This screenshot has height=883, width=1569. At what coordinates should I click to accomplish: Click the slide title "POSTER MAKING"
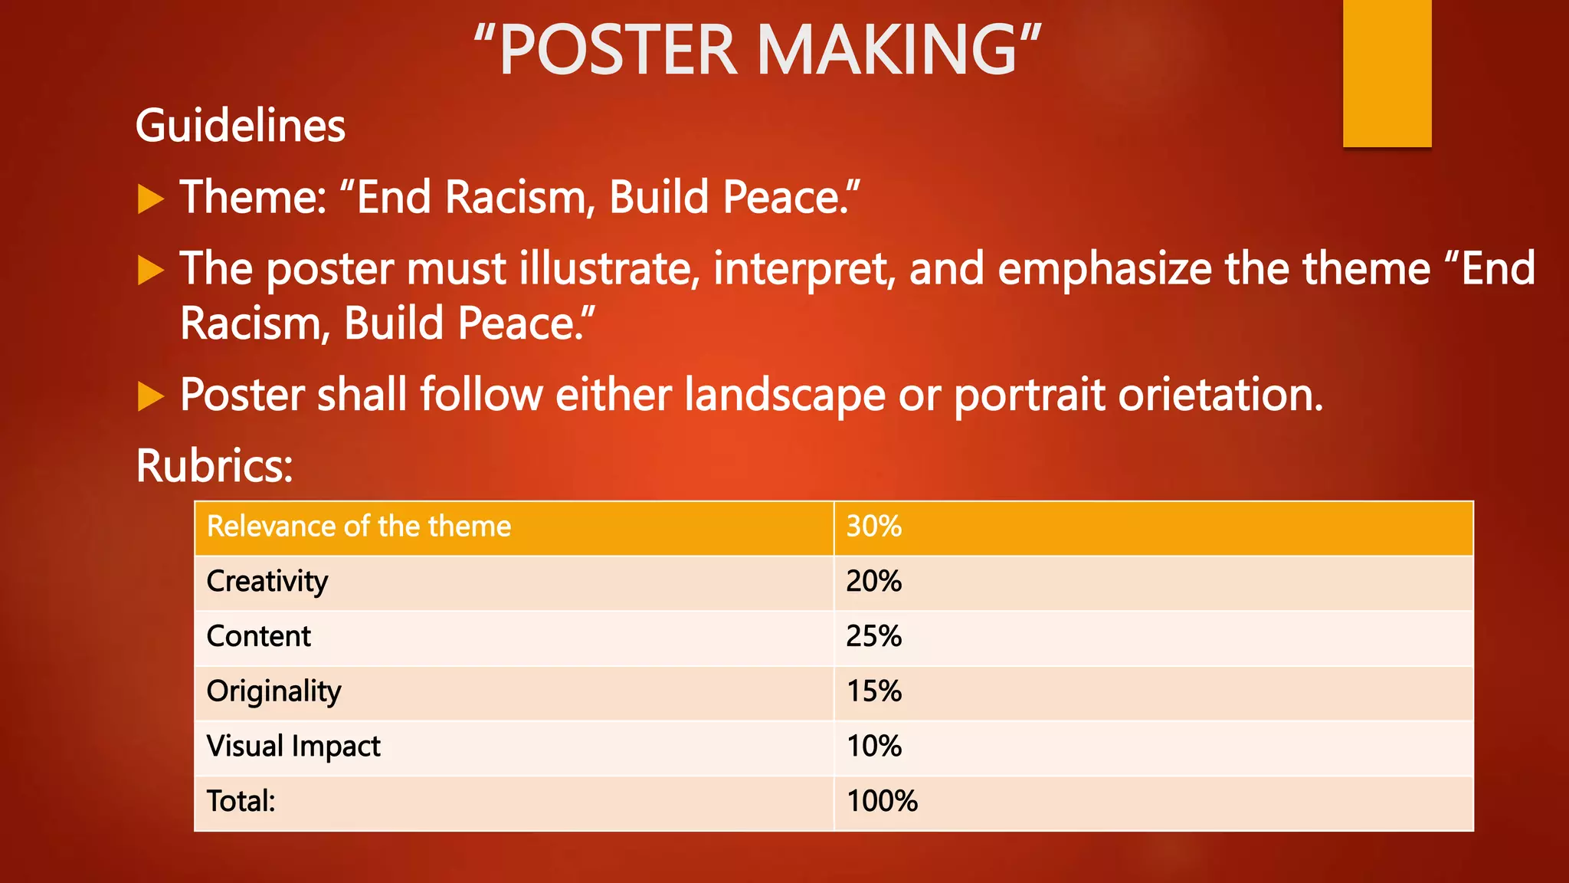[757, 50]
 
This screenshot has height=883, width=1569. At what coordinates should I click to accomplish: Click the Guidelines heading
[241, 126]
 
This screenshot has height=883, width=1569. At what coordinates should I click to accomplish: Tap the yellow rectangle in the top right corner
[1387, 73]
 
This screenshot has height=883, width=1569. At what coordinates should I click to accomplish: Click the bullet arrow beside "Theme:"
[151, 199]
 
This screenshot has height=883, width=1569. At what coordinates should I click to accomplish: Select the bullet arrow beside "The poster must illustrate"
[151, 271]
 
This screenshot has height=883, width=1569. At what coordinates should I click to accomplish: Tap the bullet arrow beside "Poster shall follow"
[151, 396]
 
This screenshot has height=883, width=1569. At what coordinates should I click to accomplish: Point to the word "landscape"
[784, 396]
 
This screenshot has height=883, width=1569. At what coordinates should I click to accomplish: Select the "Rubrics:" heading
[215, 465]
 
